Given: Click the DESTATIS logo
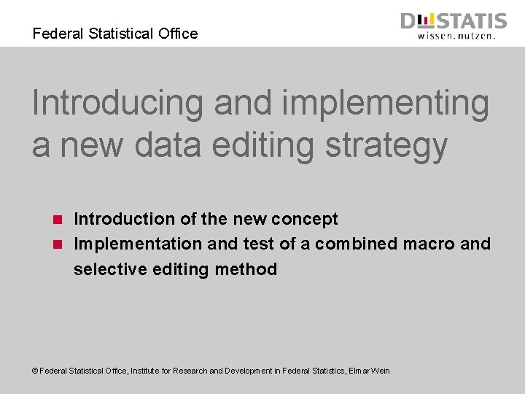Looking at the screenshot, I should [453, 21].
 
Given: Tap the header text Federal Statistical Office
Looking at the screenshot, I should [115, 34].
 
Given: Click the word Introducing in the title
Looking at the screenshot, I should [117, 103].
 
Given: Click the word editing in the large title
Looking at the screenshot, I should [259, 144].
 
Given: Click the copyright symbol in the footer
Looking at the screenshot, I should [35, 371].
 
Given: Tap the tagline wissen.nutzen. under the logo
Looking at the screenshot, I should [457, 34].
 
